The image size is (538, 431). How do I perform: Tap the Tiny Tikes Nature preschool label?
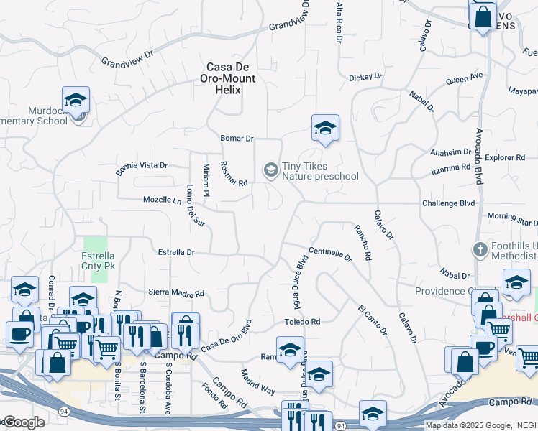pyautogui.click(x=319, y=171)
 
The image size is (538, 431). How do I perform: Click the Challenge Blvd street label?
pyautogui.click(x=449, y=203)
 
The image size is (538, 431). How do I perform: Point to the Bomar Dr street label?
pyautogui.click(x=237, y=138)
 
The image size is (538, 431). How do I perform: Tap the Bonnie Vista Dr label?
pyautogui.click(x=141, y=169)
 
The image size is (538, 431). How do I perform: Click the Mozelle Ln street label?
pyautogui.click(x=162, y=200)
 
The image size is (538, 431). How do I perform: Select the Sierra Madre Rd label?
pyautogui.click(x=176, y=293)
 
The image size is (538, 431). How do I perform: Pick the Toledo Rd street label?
pyautogui.click(x=301, y=322)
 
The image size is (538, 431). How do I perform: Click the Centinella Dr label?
pyautogui.click(x=330, y=254)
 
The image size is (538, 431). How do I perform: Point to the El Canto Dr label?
pyautogui.click(x=372, y=320)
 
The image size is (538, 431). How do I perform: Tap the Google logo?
pyautogui.click(x=24, y=422)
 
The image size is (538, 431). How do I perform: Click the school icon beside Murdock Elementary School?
pyautogui.click(x=76, y=101)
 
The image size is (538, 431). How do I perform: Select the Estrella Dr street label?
pyautogui.click(x=176, y=252)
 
